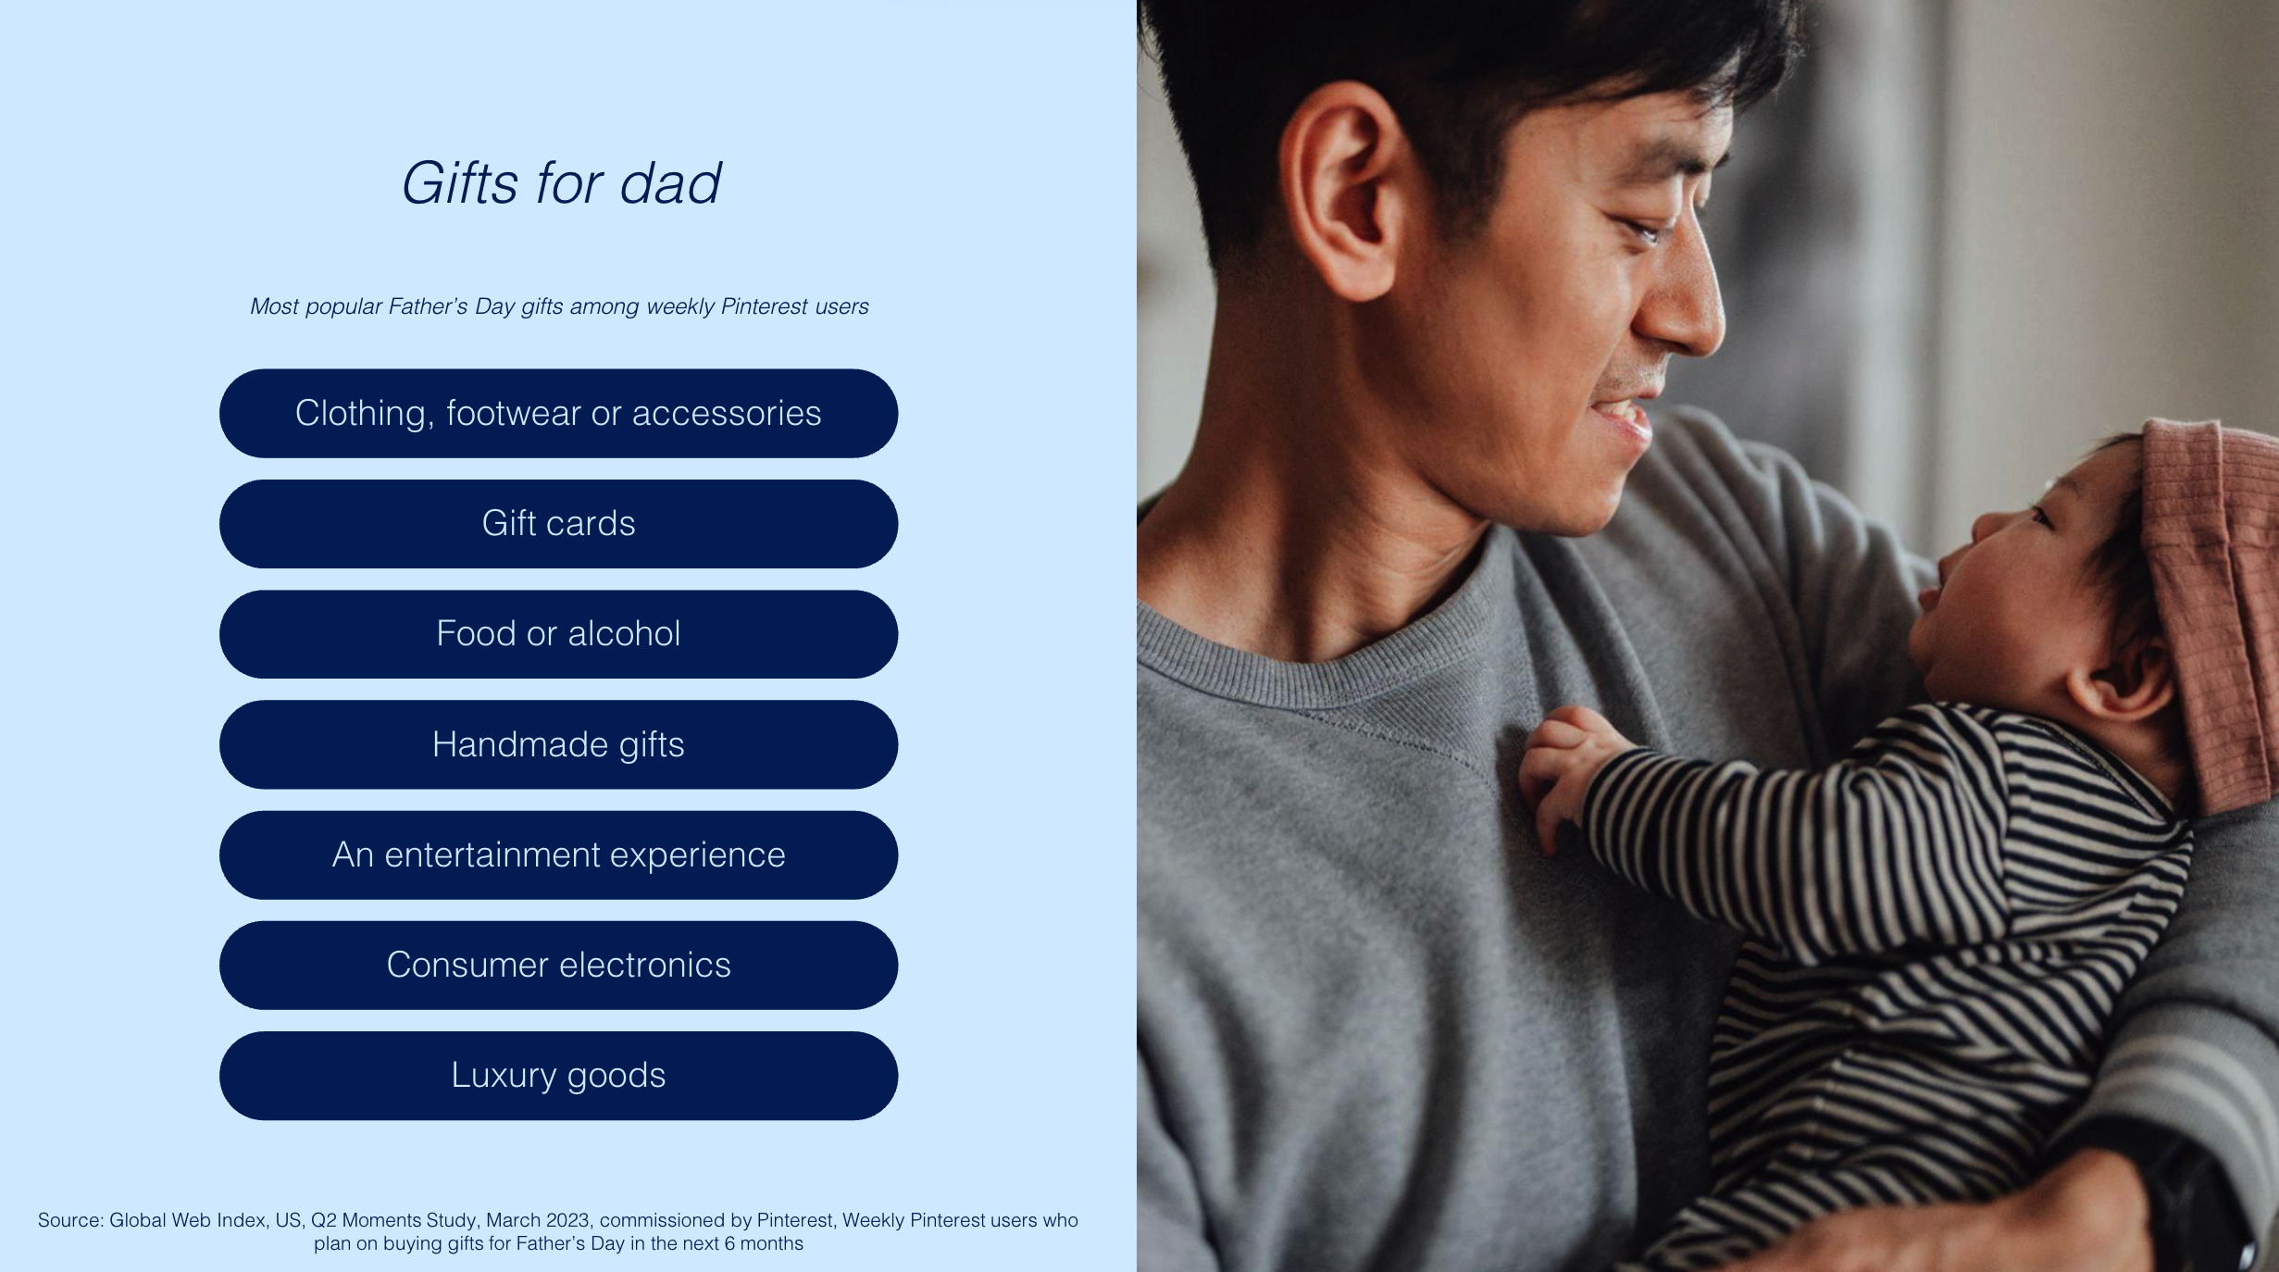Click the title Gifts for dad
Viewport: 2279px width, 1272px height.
tap(560, 183)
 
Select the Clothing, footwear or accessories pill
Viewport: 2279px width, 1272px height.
tap(558, 413)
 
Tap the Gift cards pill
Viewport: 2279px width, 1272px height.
tap(558, 523)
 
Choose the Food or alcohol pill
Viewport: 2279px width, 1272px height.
tap(558, 633)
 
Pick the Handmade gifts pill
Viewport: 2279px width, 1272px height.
tap(558, 744)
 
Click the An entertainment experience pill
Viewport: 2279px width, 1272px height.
tap(558, 854)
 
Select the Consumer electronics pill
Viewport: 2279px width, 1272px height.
tap(558, 965)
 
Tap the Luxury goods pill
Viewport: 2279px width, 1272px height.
tap(558, 1075)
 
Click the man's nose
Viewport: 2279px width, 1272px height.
tap(1675, 296)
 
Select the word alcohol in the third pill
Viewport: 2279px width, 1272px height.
tap(624, 633)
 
